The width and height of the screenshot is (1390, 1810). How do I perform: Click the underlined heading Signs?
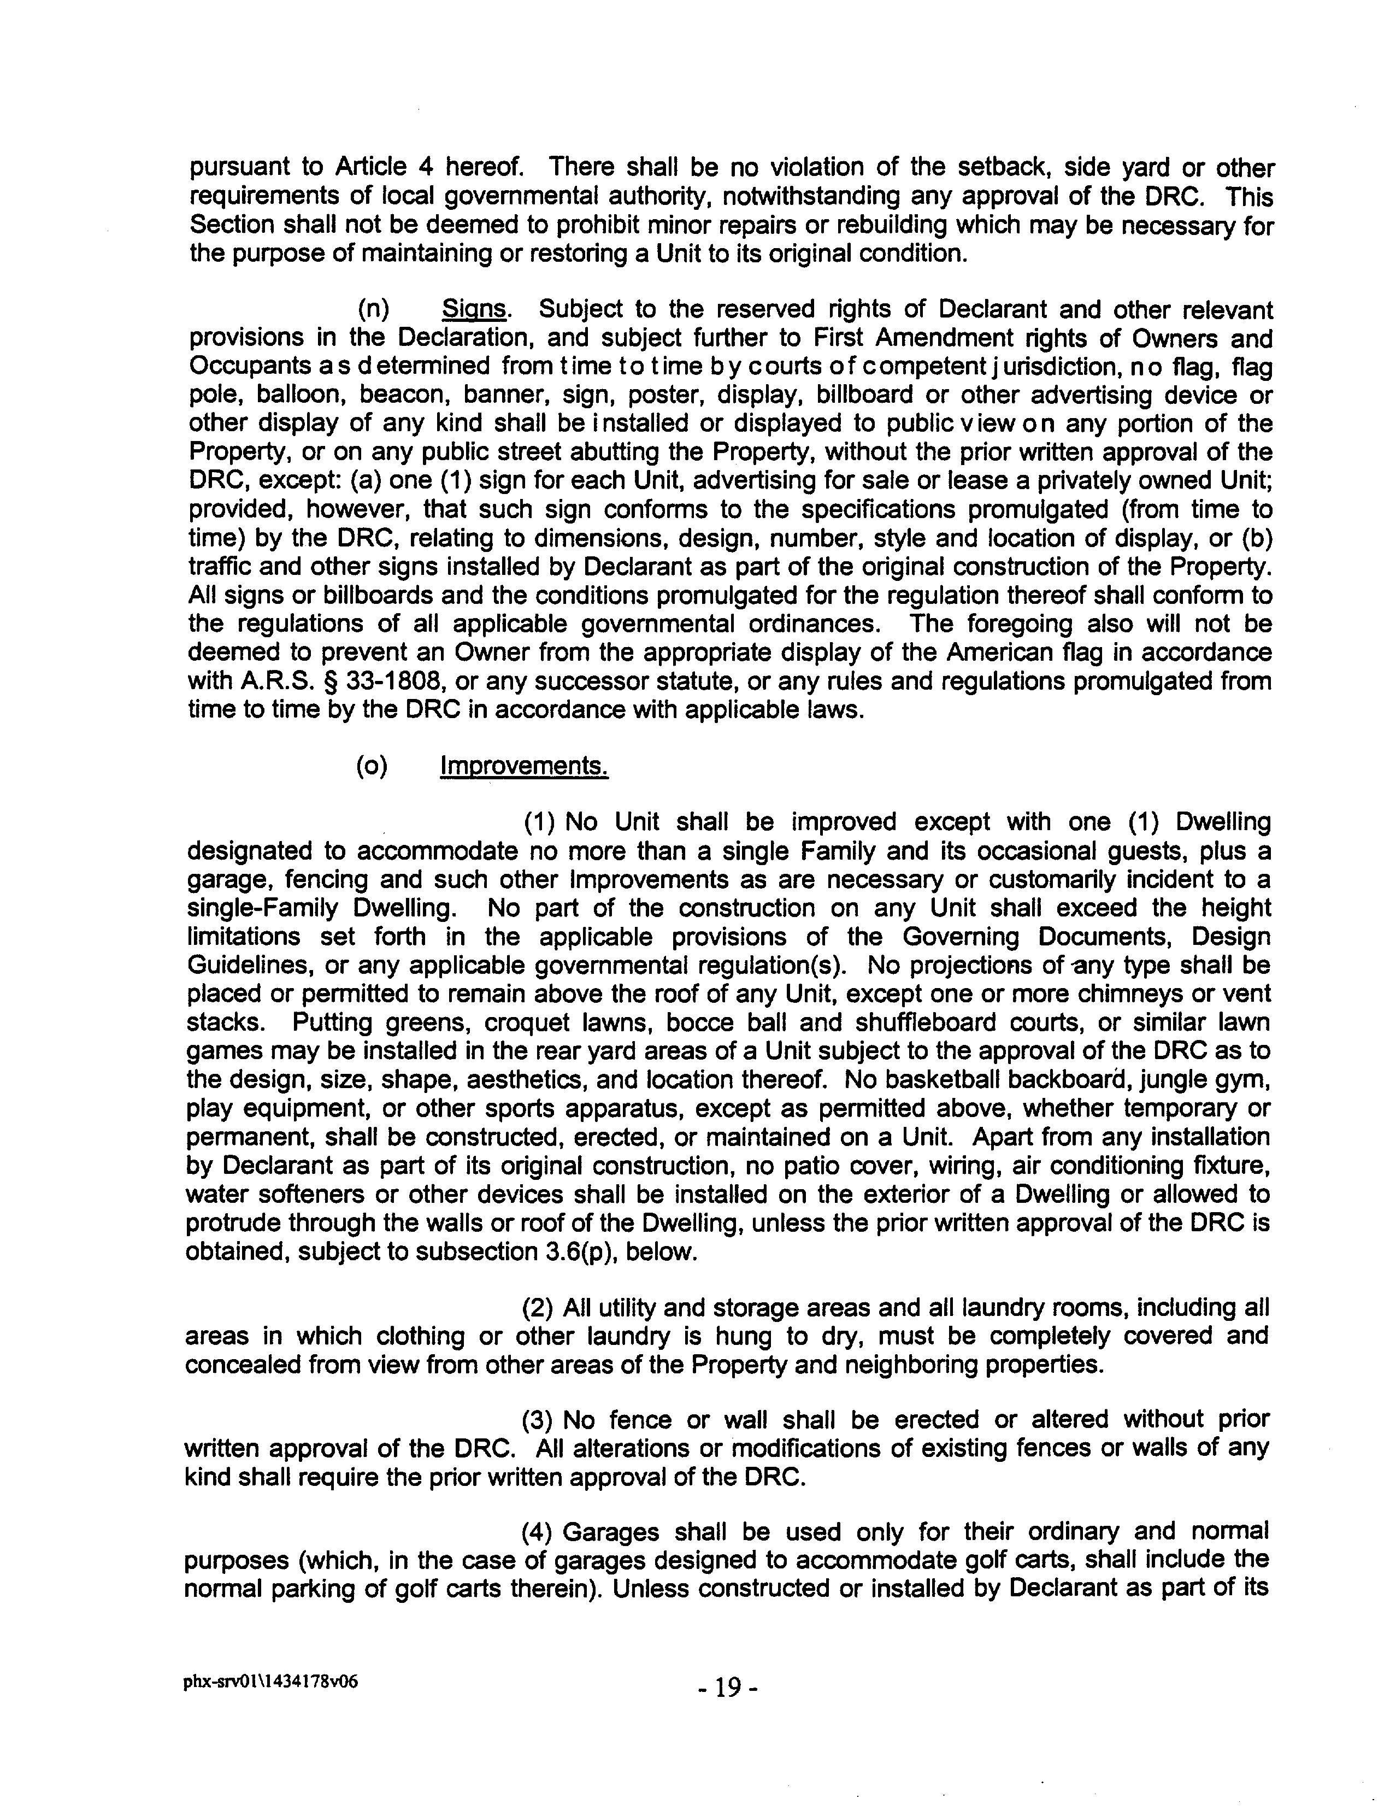(x=474, y=309)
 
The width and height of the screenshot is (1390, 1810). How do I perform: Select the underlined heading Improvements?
(x=524, y=766)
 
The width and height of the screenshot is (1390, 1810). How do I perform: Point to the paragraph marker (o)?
(x=372, y=766)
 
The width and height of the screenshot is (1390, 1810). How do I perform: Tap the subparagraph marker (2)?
(x=539, y=1308)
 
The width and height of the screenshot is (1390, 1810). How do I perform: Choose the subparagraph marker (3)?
(x=539, y=1421)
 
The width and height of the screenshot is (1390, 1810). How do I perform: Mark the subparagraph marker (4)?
(x=539, y=1533)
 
